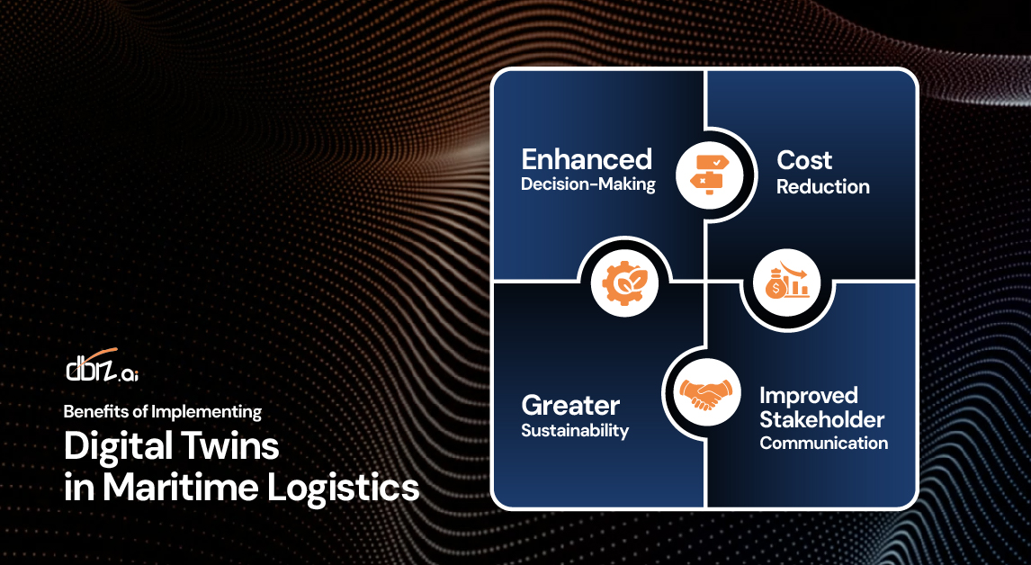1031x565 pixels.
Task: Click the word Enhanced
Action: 587,160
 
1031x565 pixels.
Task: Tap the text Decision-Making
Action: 587,184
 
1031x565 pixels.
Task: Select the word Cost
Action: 804,160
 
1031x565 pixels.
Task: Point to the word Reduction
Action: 822,187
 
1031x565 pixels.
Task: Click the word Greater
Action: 570,405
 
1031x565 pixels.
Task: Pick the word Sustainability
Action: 575,431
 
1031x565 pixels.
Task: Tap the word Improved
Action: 808,396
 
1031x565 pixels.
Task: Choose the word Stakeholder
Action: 822,419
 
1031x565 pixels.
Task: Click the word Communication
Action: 823,444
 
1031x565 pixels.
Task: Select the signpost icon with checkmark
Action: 709,175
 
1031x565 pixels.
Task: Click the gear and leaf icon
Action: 624,282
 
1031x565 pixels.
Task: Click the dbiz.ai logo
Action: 102,365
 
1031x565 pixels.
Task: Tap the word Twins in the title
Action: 226,445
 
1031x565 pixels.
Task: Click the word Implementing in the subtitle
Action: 206,412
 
